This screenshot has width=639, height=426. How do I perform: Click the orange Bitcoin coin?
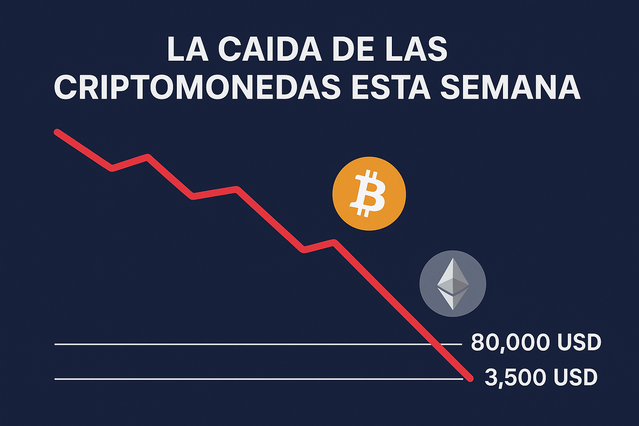pyautogui.click(x=369, y=193)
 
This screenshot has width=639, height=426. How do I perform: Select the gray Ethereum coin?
pyautogui.click(x=453, y=283)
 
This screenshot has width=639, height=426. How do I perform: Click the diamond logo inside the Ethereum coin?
pyautogui.click(x=453, y=284)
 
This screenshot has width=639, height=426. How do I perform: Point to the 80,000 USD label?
pyautogui.click(x=536, y=342)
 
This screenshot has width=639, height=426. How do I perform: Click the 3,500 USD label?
pyautogui.click(x=541, y=377)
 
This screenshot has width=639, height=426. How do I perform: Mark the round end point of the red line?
pyautogui.click(x=471, y=378)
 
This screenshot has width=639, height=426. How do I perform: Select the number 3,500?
pyautogui.click(x=515, y=377)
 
